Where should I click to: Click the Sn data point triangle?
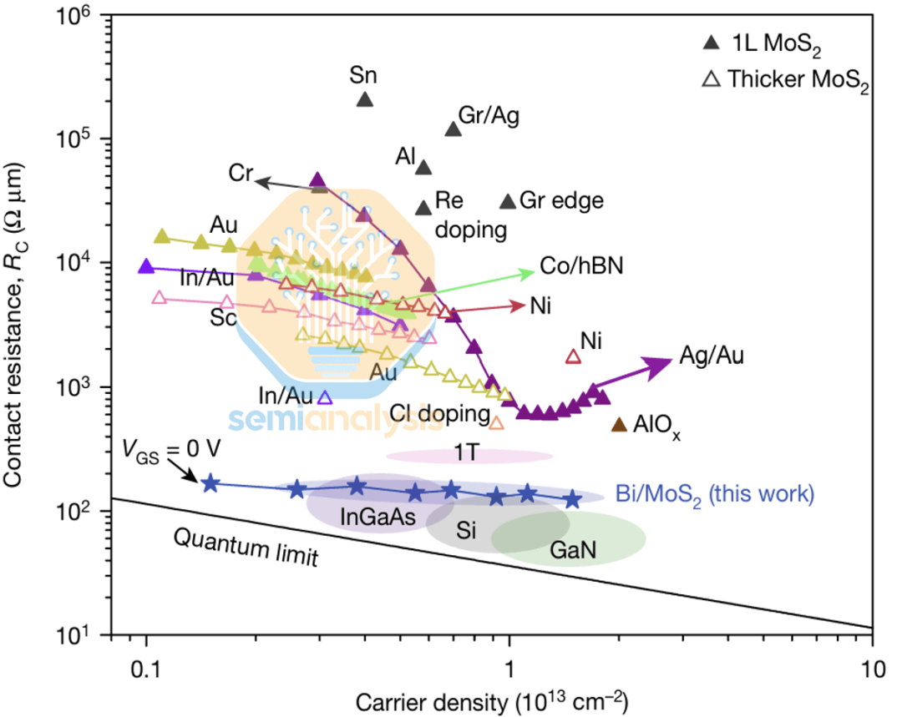tap(365, 99)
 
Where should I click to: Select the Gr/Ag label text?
tap(489, 115)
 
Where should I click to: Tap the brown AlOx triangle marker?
tap(618, 425)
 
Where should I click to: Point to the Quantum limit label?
tap(246, 547)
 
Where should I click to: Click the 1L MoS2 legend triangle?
tap(711, 42)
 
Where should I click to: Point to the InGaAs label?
tap(378, 518)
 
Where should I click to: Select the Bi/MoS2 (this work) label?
tap(713, 494)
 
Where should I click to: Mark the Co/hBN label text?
tap(582, 266)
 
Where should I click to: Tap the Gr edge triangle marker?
tap(507, 201)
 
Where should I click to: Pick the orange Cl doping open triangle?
tap(496, 422)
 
